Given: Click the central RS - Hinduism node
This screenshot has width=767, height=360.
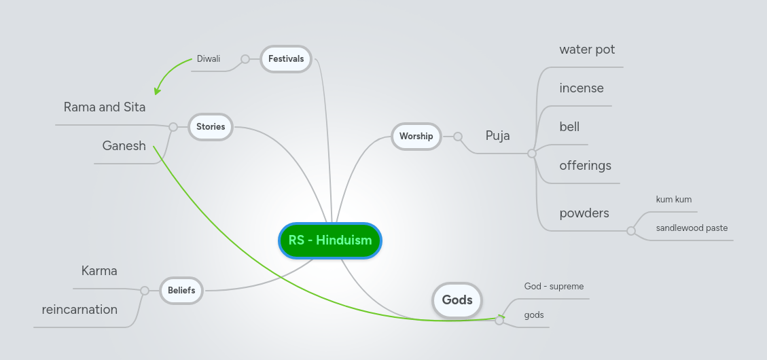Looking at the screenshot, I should pos(330,240).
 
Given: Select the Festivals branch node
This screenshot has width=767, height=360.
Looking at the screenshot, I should pos(286,59).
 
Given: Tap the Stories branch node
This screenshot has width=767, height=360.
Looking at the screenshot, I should pos(211,126).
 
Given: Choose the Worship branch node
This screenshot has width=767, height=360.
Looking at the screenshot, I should pos(416,137).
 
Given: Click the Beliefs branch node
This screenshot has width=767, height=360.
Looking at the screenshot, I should pos(181,291).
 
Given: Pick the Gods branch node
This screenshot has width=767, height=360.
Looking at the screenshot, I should pos(457,300).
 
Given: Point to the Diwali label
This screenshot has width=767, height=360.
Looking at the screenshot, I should pos(209,59).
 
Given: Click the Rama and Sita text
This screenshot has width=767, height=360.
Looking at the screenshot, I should pos(105,107).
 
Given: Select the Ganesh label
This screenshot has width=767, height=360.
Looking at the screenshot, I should pos(124,145).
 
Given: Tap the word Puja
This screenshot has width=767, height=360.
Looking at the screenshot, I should pos(497,136).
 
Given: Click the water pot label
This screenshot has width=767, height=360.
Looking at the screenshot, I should pos(587,50).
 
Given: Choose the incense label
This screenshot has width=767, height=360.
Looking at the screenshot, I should pos(582,88).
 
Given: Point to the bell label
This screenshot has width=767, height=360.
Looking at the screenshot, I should pos(569,127).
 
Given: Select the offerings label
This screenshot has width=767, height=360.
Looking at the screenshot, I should pos(585,166).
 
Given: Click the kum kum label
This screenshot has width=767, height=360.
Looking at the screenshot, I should pos(673,200).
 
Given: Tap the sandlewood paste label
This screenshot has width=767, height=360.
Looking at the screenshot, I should pos(692,228).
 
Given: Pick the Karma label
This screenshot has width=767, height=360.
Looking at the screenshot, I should pos(99,271).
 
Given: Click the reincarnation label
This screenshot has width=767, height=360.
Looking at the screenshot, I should pos(79,310).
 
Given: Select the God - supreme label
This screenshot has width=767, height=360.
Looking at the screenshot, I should pos(554,287).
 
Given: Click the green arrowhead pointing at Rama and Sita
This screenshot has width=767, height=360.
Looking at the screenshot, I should pos(158,90).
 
